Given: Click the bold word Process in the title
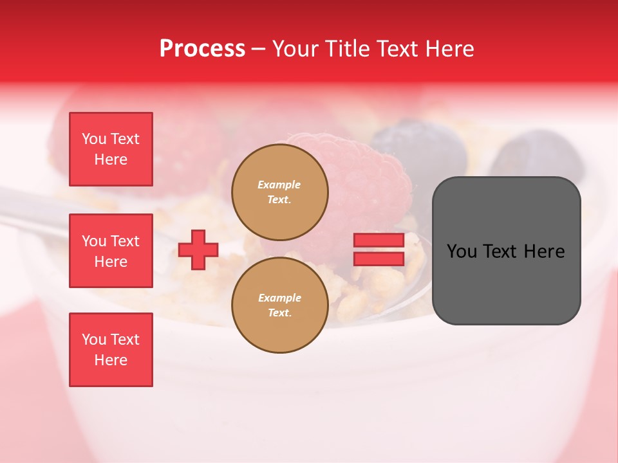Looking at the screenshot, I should click(202, 49).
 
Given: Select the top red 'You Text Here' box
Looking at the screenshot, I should click(111, 149).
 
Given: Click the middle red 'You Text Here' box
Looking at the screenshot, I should click(111, 251).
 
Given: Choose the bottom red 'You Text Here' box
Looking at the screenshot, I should click(111, 350).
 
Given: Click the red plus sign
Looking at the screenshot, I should click(198, 249).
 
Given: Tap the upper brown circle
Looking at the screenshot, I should click(280, 192).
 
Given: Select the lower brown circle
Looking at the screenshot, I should click(280, 305).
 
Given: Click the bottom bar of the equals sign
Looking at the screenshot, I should click(379, 259).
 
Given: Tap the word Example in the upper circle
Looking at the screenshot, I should click(279, 185).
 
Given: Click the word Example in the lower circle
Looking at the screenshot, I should click(279, 298).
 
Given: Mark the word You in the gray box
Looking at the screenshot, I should click(462, 251).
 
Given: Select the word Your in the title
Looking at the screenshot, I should click(294, 49).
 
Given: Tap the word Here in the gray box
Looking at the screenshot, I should click(544, 251).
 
